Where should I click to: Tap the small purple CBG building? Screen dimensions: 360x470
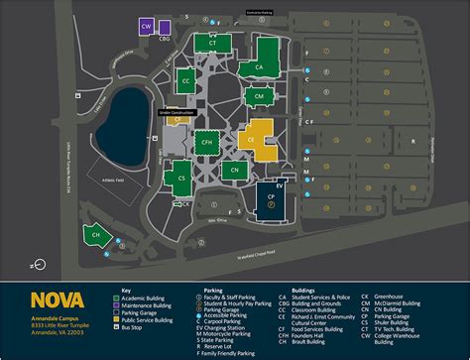click(x=165, y=39)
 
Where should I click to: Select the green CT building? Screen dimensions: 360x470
click(x=213, y=43)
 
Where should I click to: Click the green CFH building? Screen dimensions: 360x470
click(x=207, y=143)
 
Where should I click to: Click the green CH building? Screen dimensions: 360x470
click(x=96, y=235)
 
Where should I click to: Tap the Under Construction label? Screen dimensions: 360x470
click(x=175, y=112)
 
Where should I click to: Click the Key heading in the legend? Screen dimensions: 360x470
click(x=126, y=290)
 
